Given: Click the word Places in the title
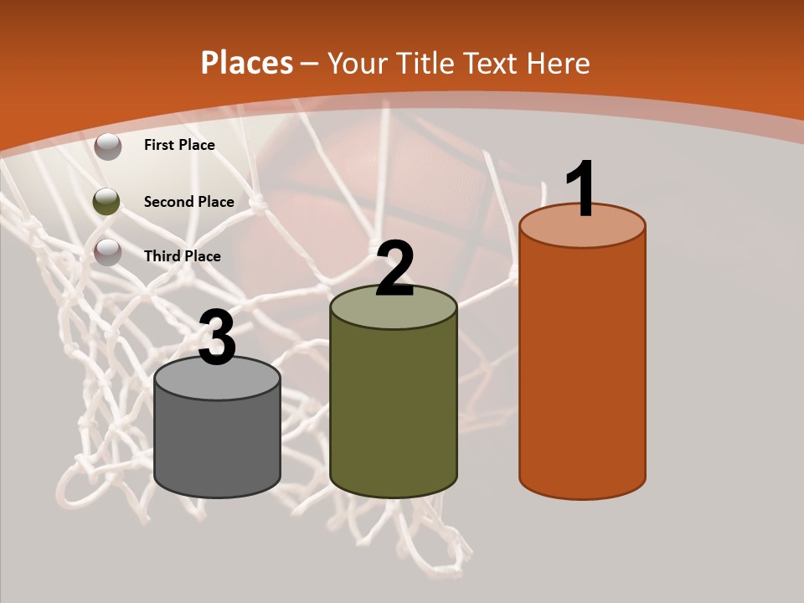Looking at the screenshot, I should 247,63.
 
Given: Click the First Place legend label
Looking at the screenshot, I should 179,145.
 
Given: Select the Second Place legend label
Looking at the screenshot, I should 189,201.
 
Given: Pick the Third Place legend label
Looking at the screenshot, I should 183,256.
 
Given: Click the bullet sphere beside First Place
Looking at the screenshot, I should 108,147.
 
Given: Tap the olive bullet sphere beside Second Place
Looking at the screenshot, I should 106,201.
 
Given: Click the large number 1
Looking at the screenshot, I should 581,188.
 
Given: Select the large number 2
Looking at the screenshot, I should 394,269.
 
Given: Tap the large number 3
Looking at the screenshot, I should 218,338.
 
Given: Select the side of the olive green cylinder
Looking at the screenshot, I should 394,410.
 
